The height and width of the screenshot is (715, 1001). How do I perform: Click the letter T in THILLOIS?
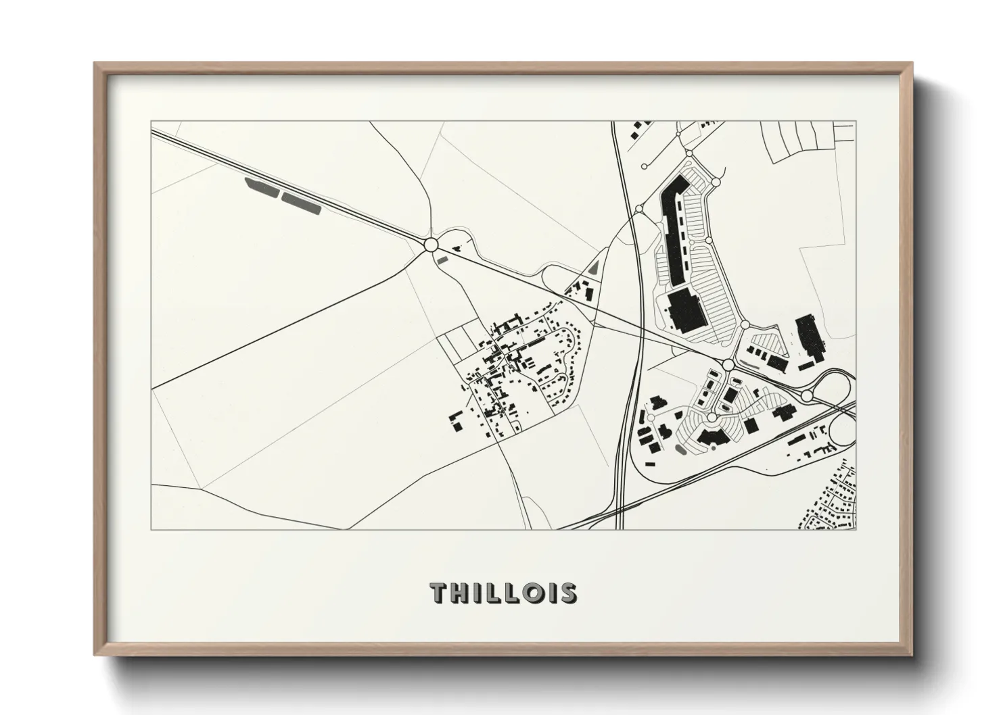pos(440,593)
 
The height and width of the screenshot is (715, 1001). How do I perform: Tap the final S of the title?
pos(567,593)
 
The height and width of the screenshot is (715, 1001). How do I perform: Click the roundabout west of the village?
pos(431,244)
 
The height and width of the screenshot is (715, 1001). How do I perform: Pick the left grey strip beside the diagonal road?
pos(262,188)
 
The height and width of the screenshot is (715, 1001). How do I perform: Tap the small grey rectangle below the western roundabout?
pos(443,258)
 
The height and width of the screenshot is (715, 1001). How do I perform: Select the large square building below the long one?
pos(687,313)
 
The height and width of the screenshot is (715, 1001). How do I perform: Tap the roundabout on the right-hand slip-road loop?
pos(807,395)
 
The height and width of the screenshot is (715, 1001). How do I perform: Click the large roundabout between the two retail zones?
pos(728,365)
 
